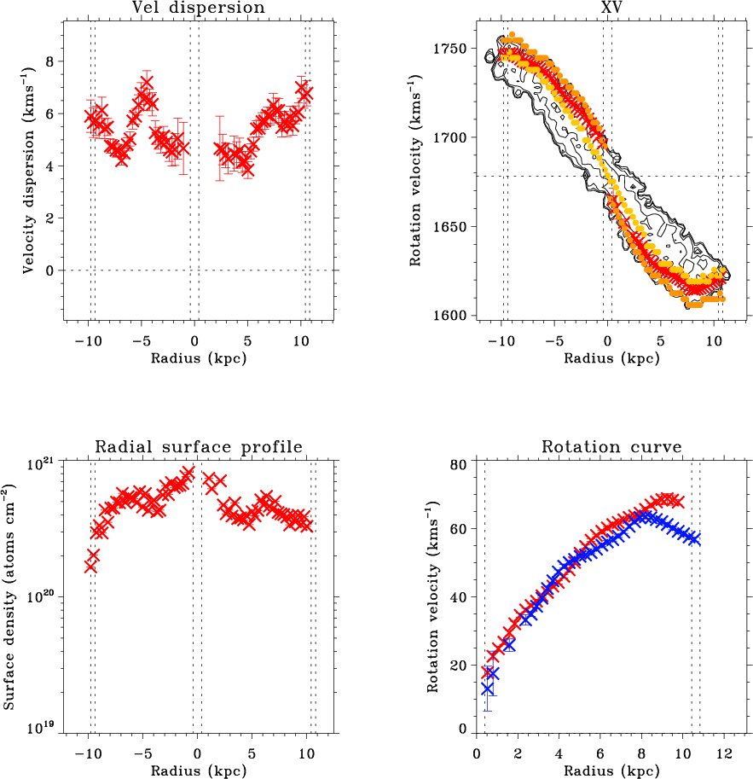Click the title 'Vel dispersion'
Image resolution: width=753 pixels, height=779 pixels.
198,9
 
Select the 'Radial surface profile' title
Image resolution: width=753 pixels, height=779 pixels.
198,446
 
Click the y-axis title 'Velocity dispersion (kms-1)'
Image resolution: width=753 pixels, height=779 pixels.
28,171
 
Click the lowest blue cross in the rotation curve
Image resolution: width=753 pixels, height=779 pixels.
488,689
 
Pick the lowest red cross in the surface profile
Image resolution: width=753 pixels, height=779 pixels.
90,565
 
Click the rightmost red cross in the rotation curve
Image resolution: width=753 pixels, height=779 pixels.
678,502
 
